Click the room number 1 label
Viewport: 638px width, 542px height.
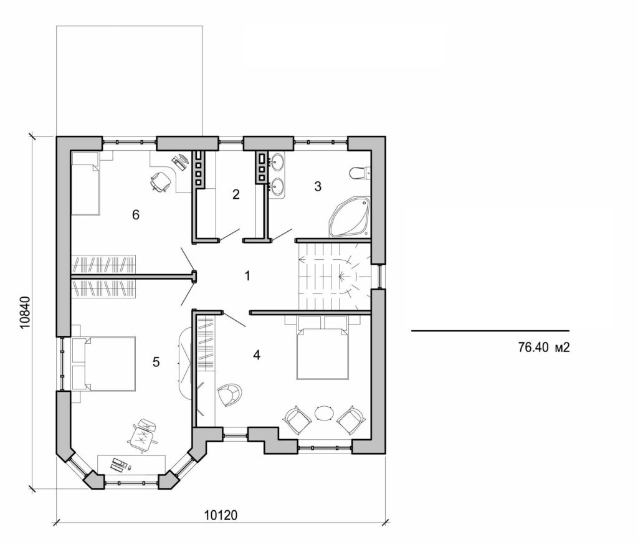click(x=247, y=275)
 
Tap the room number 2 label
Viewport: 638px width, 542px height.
click(x=236, y=194)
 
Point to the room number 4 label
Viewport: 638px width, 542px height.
click(x=257, y=355)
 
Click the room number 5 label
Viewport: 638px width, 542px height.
click(x=156, y=361)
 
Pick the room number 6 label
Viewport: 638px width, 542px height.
click(x=135, y=215)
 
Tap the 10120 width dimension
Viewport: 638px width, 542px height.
click(x=222, y=516)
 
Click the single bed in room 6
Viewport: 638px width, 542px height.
click(x=85, y=183)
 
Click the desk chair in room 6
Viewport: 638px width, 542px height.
click(x=160, y=181)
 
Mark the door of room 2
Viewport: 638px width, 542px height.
click(x=227, y=234)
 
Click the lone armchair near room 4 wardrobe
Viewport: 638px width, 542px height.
click(x=229, y=394)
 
